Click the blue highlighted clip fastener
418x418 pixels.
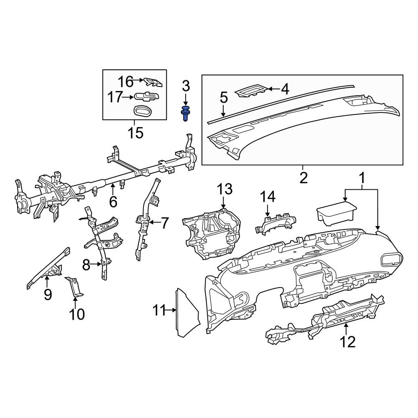click(185, 113)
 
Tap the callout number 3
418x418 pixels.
click(186, 87)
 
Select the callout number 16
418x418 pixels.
click(125, 81)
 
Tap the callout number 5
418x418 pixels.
click(224, 99)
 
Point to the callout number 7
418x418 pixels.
click(165, 223)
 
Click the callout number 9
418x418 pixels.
click(48, 294)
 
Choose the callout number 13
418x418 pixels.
click(224, 189)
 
